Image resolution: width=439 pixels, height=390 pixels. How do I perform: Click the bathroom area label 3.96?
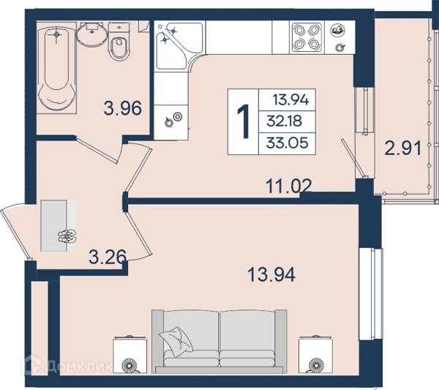[123, 108]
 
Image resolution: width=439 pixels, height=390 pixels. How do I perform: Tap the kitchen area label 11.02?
[288, 186]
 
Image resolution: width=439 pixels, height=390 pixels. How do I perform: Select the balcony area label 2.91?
[403, 148]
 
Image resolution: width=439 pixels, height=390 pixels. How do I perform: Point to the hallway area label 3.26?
[108, 257]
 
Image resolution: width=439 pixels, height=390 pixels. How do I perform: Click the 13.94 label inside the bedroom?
[271, 274]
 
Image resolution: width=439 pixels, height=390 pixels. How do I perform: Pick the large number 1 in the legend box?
[243, 121]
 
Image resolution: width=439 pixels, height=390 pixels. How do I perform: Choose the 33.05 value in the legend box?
[288, 143]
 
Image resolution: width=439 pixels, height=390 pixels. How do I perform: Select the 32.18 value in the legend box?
[284, 121]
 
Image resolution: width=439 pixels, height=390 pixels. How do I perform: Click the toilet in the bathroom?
[119, 42]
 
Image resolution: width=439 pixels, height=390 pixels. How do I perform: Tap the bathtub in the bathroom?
[57, 68]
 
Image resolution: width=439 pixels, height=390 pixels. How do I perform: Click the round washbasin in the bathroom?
[92, 34]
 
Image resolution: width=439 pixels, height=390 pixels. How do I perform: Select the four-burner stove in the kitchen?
[307, 37]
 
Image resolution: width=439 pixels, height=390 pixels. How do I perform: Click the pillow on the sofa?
[176, 341]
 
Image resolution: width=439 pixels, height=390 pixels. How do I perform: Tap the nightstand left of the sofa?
[130, 355]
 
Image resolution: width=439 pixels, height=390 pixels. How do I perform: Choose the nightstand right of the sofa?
[316, 355]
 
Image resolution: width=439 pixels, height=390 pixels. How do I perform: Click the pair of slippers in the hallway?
[67, 236]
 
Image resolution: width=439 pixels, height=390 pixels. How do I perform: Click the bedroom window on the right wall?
[371, 294]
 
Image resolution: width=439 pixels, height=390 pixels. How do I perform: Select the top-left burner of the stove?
[299, 30]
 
